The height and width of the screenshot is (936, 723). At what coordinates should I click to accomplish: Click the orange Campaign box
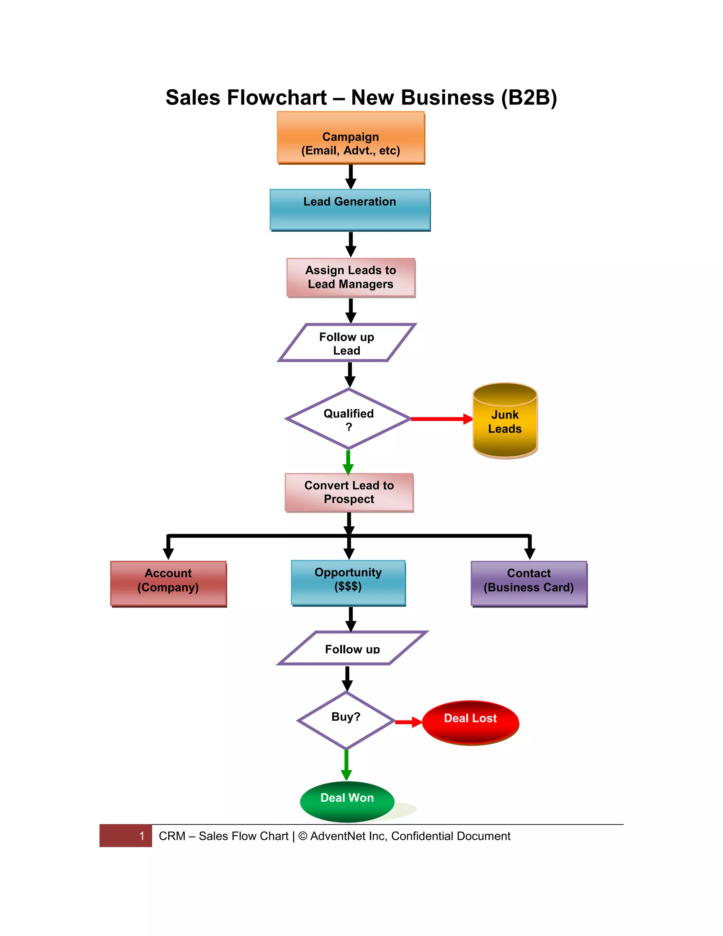pyautogui.click(x=350, y=137)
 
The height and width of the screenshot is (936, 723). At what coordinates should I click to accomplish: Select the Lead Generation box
pyautogui.click(x=349, y=209)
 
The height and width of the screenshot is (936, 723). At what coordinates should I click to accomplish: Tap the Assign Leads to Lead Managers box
pyautogui.click(x=350, y=277)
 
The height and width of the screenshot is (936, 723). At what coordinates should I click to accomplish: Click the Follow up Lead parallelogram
pyautogui.click(x=347, y=343)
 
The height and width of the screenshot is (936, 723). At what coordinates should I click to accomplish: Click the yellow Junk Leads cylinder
pyautogui.click(x=504, y=421)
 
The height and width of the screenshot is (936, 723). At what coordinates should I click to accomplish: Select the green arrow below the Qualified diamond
pyautogui.click(x=348, y=462)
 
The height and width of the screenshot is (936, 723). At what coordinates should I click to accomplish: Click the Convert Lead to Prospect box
pyautogui.click(x=349, y=492)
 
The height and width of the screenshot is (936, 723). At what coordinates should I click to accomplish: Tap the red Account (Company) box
pyautogui.click(x=168, y=583)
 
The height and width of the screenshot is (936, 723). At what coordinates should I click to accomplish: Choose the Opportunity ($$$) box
pyautogui.click(x=348, y=582)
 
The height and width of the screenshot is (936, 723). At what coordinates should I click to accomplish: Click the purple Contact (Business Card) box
pyautogui.click(x=528, y=583)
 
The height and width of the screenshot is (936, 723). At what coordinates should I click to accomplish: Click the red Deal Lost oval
pyautogui.click(x=470, y=722)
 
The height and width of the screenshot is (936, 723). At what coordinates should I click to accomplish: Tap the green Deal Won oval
pyautogui.click(x=347, y=801)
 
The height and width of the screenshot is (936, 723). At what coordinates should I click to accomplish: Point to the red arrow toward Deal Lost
pyautogui.click(x=408, y=722)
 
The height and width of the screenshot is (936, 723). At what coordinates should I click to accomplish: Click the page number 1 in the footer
pyautogui.click(x=142, y=836)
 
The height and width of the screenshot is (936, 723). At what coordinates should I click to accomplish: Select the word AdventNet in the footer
pyautogui.click(x=338, y=836)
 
